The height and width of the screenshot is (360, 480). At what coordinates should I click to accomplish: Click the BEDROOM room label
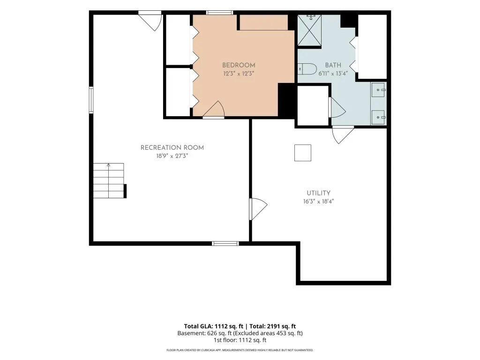239,65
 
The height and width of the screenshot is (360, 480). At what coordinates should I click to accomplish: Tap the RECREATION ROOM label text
172,148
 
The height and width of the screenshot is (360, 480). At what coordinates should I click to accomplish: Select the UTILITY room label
319,193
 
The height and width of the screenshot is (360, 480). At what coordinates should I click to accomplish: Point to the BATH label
333,65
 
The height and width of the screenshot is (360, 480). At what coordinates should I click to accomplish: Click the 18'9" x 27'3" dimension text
172,156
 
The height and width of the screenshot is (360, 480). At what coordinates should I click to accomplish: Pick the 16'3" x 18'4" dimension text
318,202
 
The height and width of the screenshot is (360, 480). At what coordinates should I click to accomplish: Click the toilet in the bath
307,69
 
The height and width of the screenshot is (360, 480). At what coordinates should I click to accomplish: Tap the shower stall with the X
309,30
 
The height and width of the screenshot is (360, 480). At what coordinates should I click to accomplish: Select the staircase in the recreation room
109,180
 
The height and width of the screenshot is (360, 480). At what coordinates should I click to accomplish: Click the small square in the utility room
303,153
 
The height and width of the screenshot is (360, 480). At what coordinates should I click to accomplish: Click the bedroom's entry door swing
214,109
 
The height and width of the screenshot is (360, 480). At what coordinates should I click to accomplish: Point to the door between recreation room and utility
258,209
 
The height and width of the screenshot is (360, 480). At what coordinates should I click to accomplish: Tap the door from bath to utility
343,135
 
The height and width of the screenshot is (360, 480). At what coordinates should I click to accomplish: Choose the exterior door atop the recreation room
150,21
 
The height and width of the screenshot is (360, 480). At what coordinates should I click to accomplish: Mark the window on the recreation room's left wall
91,100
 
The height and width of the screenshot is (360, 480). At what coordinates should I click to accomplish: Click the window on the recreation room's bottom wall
225,244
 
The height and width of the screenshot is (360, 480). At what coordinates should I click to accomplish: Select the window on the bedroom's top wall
219,13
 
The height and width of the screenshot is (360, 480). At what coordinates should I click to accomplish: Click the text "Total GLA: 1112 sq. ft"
214,326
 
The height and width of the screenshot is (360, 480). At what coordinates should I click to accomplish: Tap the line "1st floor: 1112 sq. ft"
240,340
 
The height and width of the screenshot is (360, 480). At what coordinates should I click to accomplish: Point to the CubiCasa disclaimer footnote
240,350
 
